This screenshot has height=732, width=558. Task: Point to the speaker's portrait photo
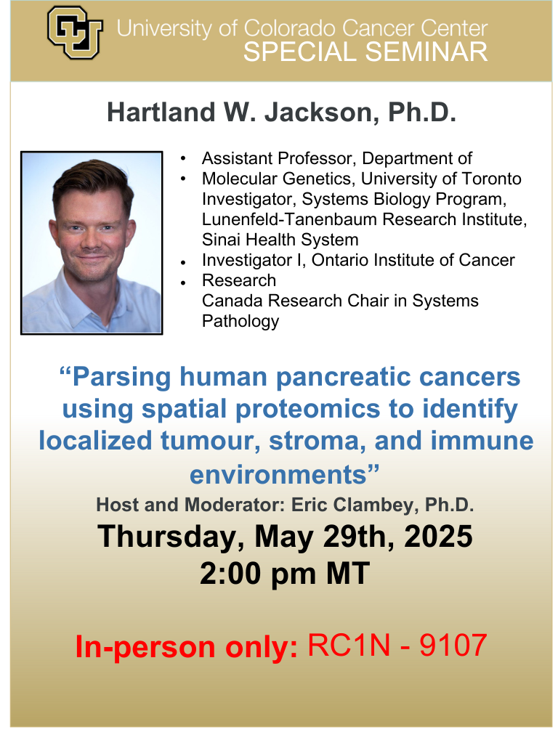click(x=92, y=242)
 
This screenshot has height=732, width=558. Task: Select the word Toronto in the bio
click(x=490, y=179)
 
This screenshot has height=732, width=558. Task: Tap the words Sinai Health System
click(x=280, y=240)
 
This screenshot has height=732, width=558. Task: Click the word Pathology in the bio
click(x=240, y=321)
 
